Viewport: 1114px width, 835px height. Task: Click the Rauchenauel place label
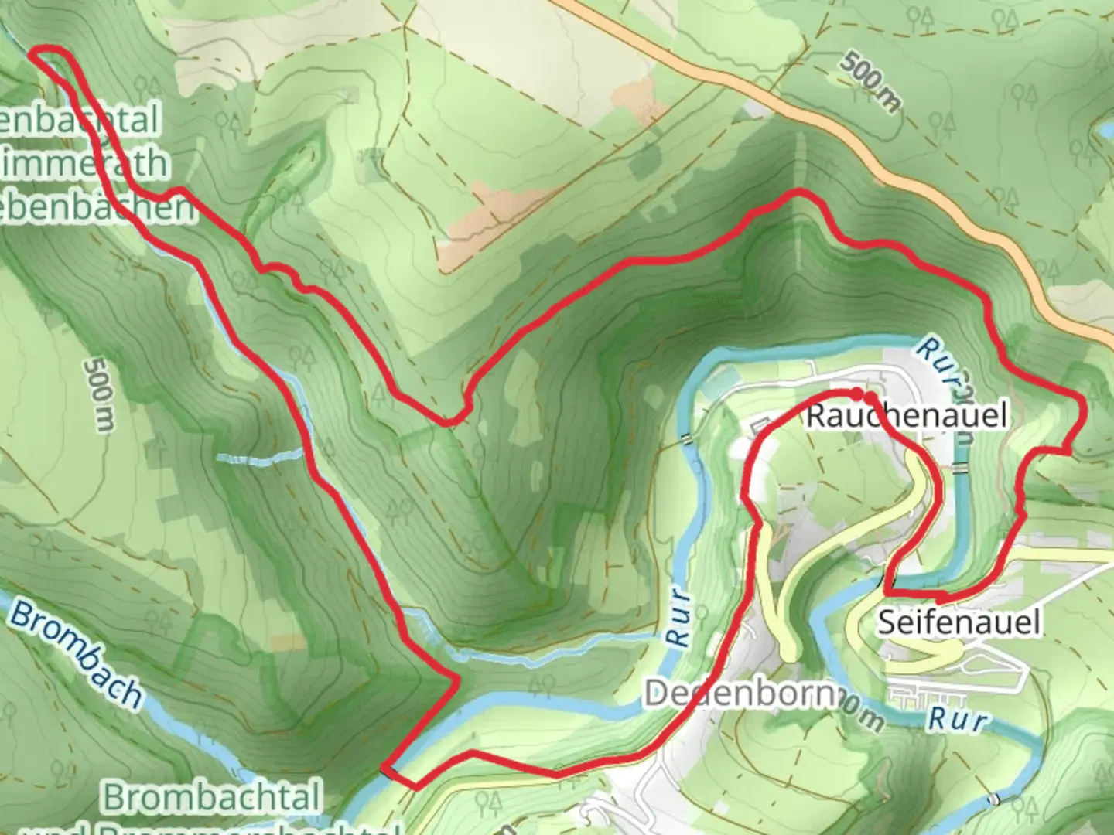(907, 416)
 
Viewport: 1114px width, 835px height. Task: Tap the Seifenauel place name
(959, 621)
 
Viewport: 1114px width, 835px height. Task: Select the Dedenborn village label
(739, 694)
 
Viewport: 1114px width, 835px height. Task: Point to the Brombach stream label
(76, 656)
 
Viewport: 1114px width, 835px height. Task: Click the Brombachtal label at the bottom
(211, 797)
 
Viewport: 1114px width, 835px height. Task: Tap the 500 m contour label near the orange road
(871, 82)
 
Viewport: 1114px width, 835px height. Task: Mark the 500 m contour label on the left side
(99, 394)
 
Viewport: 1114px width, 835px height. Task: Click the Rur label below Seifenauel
(958, 718)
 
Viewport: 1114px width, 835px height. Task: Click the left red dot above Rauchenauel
(857, 395)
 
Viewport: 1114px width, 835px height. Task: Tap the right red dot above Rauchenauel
(871, 398)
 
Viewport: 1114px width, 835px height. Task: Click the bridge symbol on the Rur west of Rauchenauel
(685, 438)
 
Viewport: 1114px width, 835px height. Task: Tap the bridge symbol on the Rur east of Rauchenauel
(960, 469)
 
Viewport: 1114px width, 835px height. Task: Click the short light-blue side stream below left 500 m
(259, 457)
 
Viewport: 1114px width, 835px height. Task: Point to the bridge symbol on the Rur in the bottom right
(994, 799)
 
